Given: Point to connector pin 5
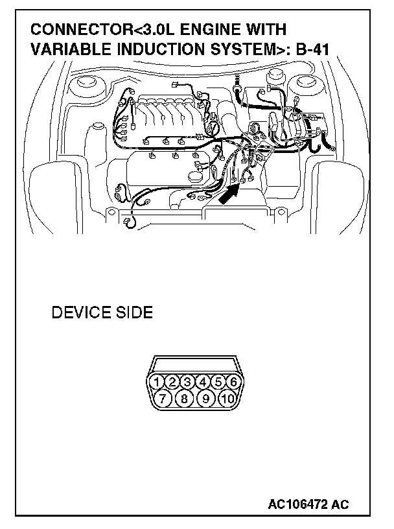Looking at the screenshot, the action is (219, 381).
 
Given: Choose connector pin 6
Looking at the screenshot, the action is (234, 381).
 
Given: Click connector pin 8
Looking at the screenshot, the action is (184, 397).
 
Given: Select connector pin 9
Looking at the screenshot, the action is (205, 397).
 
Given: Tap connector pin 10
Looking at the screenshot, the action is (226, 397).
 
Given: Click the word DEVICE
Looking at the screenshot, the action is (81, 313).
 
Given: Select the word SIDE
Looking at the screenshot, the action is (134, 313).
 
